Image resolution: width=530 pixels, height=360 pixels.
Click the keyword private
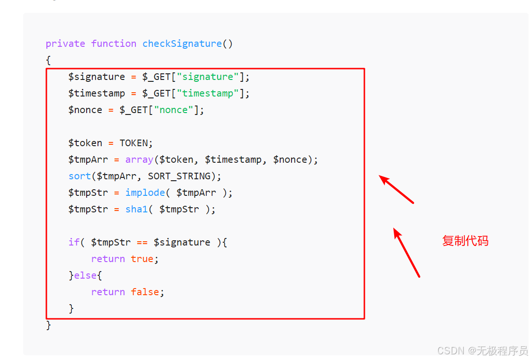pyautogui.click(x=65, y=44)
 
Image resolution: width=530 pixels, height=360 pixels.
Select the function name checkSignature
pyautogui.click(x=182, y=44)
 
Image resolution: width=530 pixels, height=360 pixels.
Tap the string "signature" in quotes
pyautogui.click(x=208, y=77)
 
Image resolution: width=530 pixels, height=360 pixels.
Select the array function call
pyautogui.click(x=139, y=159)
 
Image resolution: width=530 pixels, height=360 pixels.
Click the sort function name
pyautogui.click(x=79, y=176)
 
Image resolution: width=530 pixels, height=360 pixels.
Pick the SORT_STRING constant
pyautogui.click(x=179, y=176)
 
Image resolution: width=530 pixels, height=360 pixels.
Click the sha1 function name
pyautogui.click(x=137, y=209)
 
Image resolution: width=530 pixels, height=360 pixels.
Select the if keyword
pyautogui.click(x=74, y=242)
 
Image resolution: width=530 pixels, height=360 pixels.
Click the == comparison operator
pyautogui.click(x=142, y=242)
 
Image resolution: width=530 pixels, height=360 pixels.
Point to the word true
pyautogui.click(x=142, y=259)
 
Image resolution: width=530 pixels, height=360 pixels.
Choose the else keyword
pyautogui.click(x=85, y=275)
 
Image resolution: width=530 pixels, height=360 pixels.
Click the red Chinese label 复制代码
pyautogui.click(x=465, y=241)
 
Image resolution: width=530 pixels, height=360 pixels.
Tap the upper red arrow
pyautogui.click(x=397, y=189)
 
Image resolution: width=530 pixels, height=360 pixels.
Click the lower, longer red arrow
pyautogui.click(x=406, y=253)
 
